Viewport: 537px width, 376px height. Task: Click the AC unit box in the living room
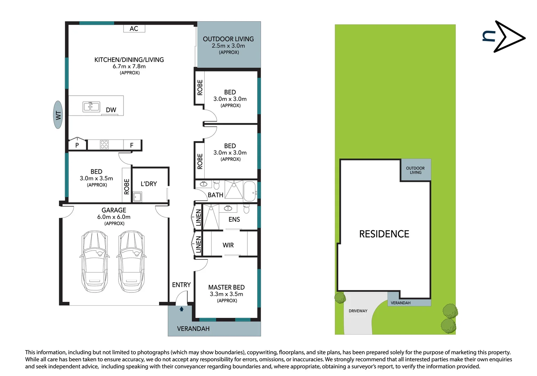coord(134,29)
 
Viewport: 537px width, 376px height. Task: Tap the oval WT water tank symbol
coord(58,115)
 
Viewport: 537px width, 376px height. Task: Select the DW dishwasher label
coord(111,110)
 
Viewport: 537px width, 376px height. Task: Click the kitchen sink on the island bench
coord(91,107)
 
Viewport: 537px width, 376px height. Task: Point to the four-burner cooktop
coord(104,144)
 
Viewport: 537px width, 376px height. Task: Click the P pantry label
coord(77,145)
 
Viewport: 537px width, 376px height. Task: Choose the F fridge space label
coord(132,145)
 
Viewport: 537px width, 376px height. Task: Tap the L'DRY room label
coord(149,184)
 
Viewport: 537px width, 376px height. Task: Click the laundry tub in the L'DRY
coord(137,197)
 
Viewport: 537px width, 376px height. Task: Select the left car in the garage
coord(94,261)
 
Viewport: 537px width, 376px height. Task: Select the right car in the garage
coord(131,261)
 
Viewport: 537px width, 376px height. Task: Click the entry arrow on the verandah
coord(181,309)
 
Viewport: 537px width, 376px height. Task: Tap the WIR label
coord(228,245)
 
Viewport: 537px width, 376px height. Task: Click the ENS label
coord(234,219)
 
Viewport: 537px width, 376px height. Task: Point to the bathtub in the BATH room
coord(249,191)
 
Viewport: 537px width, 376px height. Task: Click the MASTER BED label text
coord(226,287)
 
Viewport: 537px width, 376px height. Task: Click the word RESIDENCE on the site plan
coord(384,234)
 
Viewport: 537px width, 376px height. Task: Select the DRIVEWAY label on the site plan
coord(358,311)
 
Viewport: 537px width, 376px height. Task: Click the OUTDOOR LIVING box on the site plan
coord(416,170)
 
